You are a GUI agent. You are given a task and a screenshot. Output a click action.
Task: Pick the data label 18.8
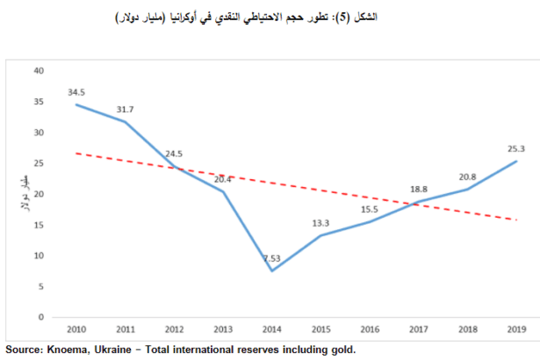(x=418, y=189)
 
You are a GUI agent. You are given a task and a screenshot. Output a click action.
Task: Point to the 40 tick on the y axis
(x=38, y=70)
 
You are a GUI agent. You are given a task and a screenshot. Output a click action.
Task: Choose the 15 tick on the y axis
(x=38, y=225)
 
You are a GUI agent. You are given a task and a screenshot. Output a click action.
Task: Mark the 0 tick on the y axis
(x=40, y=317)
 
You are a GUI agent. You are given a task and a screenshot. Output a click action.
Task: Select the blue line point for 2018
(x=467, y=189)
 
